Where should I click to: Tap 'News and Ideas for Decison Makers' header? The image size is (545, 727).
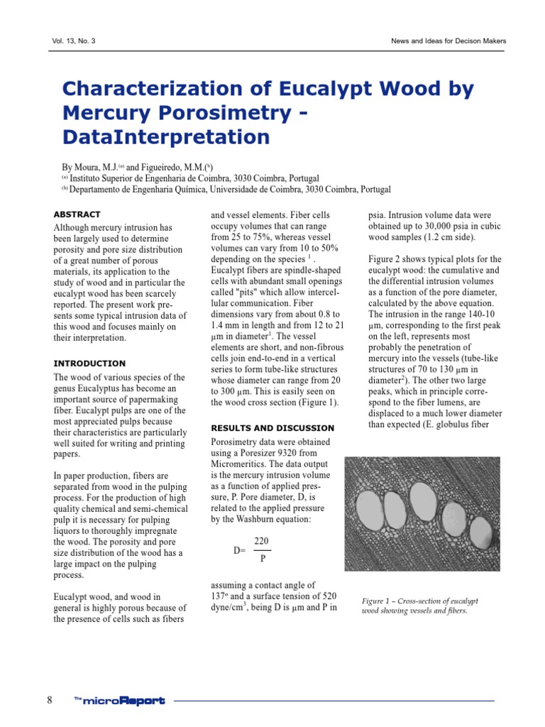coord(448,41)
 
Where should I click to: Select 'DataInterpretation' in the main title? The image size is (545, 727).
coord(166,136)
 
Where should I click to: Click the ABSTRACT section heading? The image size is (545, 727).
coord(77,214)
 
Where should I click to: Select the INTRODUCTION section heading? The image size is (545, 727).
coord(89,363)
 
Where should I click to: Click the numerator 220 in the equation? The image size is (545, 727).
coord(261,542)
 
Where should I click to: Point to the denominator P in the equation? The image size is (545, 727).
coord(262,559)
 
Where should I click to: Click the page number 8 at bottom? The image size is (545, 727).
coord(50,701)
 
